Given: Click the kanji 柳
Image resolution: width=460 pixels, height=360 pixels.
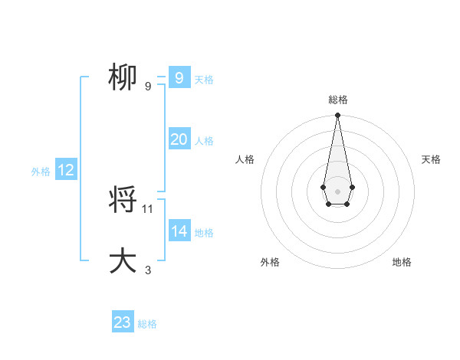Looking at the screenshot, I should (123, 77).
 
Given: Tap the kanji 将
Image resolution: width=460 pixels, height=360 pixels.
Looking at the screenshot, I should (123, 201).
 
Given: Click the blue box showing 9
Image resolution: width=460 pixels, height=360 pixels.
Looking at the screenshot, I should (179, 78).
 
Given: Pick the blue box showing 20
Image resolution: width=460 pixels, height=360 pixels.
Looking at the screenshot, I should (179, 139).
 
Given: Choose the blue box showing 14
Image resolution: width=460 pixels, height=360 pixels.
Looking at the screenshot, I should (179, 231).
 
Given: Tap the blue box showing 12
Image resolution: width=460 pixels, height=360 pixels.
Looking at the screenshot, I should (66, 170).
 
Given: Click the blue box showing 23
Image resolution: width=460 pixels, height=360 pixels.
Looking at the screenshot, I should (123, 322).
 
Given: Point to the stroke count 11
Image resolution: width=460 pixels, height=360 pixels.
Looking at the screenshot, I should (148, 208).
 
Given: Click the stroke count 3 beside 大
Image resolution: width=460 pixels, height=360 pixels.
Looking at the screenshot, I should (148, 270).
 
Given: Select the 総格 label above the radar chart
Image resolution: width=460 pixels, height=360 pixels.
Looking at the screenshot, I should (337, 100).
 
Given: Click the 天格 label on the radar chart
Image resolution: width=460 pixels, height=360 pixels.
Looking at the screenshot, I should (431, 159).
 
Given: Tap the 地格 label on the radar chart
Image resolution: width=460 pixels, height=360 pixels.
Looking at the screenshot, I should (402, 262).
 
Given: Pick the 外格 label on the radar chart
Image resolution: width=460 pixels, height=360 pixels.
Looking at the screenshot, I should (270, 262).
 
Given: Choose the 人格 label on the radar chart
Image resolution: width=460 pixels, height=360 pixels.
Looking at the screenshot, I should (245, 159).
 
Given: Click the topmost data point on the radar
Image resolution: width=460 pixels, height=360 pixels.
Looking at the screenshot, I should (337, 116).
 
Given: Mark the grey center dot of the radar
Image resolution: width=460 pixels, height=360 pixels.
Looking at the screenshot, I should (337, 190).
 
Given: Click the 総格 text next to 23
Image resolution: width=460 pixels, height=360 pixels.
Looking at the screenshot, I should (147, 324).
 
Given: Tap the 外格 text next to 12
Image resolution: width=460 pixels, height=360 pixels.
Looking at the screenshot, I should (41, 172).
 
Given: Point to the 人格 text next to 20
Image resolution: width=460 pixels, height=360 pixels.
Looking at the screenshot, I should (204, 141).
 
